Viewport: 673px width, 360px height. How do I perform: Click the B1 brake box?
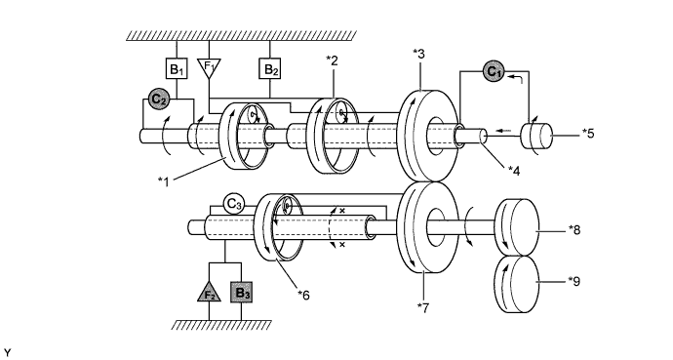pyautogui.click(x=177, y=69)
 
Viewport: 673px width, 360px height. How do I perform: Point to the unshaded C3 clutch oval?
pyautogui.click(x=234, y=203)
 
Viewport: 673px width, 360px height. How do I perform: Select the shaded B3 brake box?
pyautogui.click(x=242, y=292)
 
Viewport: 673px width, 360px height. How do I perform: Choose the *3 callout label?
pyautogui.click(x=419, y=54)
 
